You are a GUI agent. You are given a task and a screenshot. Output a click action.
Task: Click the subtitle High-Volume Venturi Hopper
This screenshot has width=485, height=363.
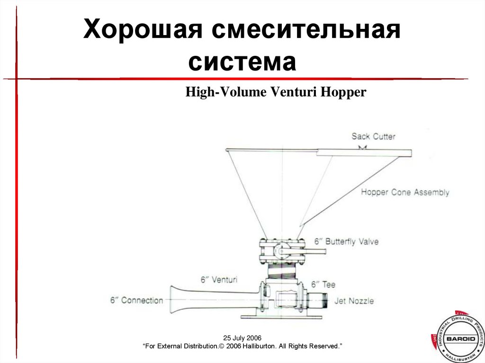tap(276, 92)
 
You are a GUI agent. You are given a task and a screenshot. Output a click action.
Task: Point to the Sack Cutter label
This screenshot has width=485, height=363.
tap(373, 137)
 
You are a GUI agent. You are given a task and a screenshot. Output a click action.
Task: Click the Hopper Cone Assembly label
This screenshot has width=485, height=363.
tap(405, 193)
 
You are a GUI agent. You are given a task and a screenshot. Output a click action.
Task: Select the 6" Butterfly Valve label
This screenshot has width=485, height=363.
tap(345, 241)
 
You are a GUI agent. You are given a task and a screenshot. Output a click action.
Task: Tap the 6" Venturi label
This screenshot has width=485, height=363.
tap(218, 280)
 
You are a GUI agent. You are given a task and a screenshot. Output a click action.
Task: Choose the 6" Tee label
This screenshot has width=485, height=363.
tap(323, 284)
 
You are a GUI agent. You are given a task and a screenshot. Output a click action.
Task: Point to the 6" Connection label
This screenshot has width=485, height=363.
tap(136, 300)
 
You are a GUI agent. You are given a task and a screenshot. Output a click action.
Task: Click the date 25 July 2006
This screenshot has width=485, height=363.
tap(242, 338)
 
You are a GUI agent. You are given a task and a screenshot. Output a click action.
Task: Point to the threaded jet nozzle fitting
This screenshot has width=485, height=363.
tap(316, 300)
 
